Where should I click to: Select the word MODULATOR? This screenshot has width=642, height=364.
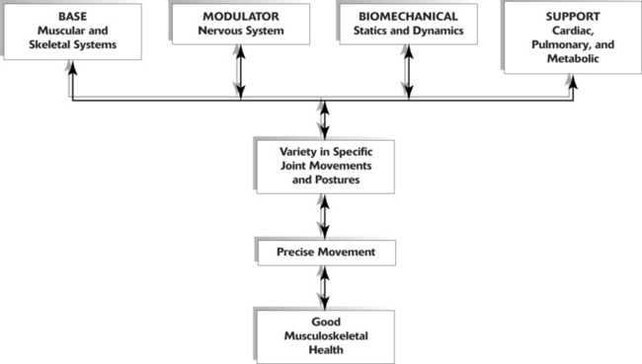tap(239, 18)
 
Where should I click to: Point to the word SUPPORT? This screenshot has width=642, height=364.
tap(571, 17)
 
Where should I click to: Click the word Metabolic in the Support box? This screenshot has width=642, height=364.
tap(572, 60)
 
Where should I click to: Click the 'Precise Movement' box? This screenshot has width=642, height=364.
tap(325, 254)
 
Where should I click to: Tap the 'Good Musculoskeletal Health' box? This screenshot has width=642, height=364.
tap(325, 334)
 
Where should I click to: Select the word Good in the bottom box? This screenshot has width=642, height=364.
tap(325, 321)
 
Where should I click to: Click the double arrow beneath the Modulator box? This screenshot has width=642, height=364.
tap(239, 74)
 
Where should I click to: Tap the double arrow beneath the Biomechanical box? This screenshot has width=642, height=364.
tap(406, 74)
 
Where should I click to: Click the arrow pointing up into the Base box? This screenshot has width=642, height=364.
tap(71, 79)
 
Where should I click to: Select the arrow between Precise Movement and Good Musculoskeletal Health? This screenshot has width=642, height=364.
tap(325, 287)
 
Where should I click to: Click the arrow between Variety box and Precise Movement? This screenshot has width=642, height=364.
tap(325, 216)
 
